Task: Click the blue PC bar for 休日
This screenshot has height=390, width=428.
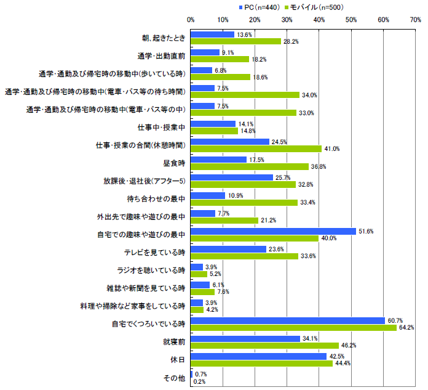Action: coord(258,356)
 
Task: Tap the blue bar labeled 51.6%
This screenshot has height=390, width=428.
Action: coord(273,231)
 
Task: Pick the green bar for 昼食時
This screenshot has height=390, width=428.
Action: coord(250,166)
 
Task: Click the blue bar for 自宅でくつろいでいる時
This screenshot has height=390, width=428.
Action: coord(288,320)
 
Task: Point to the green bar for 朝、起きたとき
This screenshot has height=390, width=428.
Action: coord(236,41)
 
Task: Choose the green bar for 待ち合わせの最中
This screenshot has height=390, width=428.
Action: coord(244,202)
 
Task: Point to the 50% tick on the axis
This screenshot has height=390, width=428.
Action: coord(352,20)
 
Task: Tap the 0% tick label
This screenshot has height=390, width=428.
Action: coord(191,20)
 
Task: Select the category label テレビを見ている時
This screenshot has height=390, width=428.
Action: coord(159,253)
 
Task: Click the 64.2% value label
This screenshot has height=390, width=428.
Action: coord(407,328)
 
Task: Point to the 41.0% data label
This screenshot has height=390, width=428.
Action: coord(332,148)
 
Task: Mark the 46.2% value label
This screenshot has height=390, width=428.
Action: coord(349,346)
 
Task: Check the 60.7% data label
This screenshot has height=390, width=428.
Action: coord(395,320)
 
